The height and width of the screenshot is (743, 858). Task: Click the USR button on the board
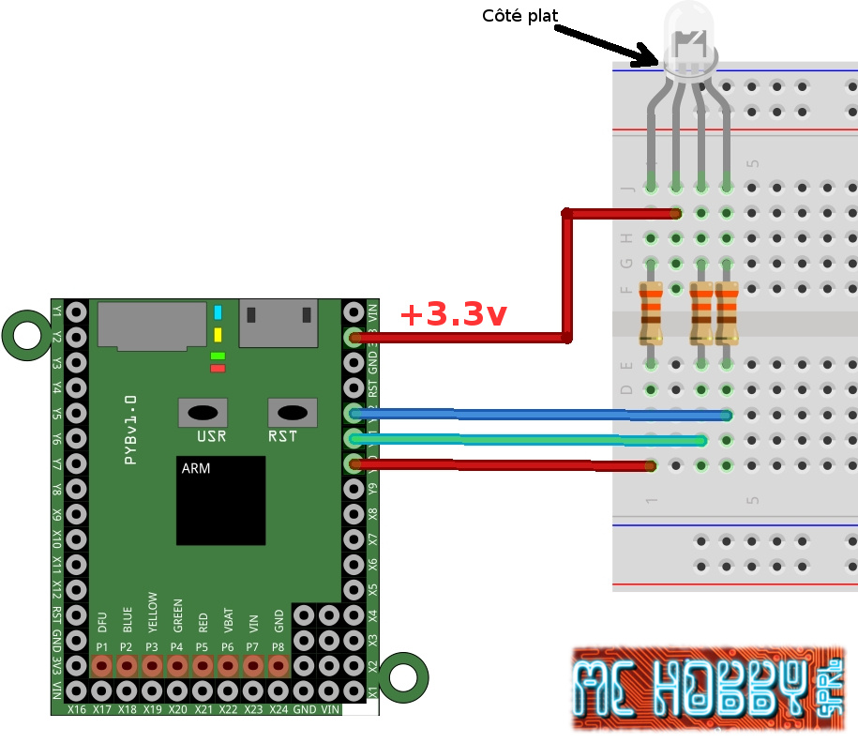[202, 413]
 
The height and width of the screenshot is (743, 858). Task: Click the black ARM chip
[220, 501]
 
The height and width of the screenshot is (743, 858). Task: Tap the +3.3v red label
[453, 314]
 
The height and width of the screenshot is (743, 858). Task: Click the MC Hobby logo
[709, 689]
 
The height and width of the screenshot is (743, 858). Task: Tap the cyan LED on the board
[218, 312]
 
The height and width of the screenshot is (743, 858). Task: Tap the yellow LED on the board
[218, 335]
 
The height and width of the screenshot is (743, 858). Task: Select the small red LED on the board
[218, 368]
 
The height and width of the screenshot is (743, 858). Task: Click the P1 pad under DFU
[101, 665]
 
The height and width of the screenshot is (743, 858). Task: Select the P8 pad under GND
[278, 665]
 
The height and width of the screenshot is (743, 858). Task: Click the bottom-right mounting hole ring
[404, 676]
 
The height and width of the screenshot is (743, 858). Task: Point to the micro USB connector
[278, 323]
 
